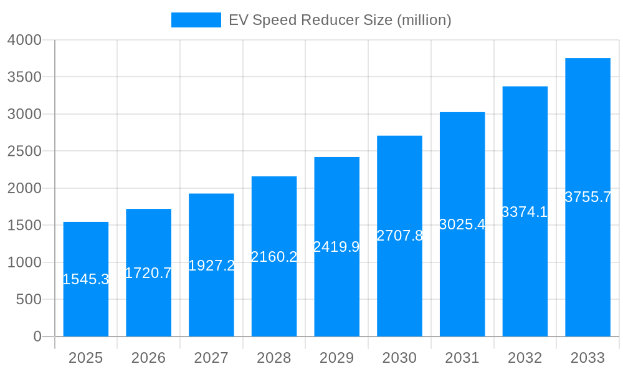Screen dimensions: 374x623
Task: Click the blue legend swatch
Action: click(196, 20)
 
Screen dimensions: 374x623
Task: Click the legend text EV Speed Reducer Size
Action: click(340, 20)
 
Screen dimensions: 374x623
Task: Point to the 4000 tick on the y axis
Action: click(24, 40)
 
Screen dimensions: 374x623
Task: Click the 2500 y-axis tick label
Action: click(24, 151)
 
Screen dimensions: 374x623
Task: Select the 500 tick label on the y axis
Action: click(29, 300)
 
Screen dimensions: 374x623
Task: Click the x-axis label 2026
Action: click(148, 358)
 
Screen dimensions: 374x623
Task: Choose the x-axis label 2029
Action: click(336, 358)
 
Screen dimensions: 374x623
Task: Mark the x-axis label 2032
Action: click(525, 358)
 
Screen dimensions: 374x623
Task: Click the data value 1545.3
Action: click(86, 279)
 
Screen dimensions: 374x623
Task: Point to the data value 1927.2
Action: click(211, 266)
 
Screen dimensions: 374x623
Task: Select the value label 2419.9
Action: click(336, 247)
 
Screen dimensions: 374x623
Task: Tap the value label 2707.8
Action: click(399, 236)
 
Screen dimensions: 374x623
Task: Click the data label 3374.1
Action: click(525, 212)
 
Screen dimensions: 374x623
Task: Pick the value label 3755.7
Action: click(587, 197)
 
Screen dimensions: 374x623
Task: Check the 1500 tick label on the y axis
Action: click(24, 226)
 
